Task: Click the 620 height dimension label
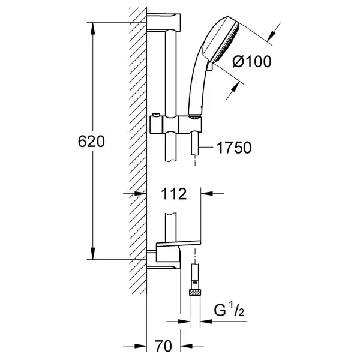pos(91,142)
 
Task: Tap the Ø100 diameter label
pos(252,62)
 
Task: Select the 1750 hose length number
pos(234,148)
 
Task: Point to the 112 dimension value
pos(173,194)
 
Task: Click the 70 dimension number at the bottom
pos(163,346)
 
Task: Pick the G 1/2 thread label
pos(229,310)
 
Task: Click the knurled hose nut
pos(194,292)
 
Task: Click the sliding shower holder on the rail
pos(176,125)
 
